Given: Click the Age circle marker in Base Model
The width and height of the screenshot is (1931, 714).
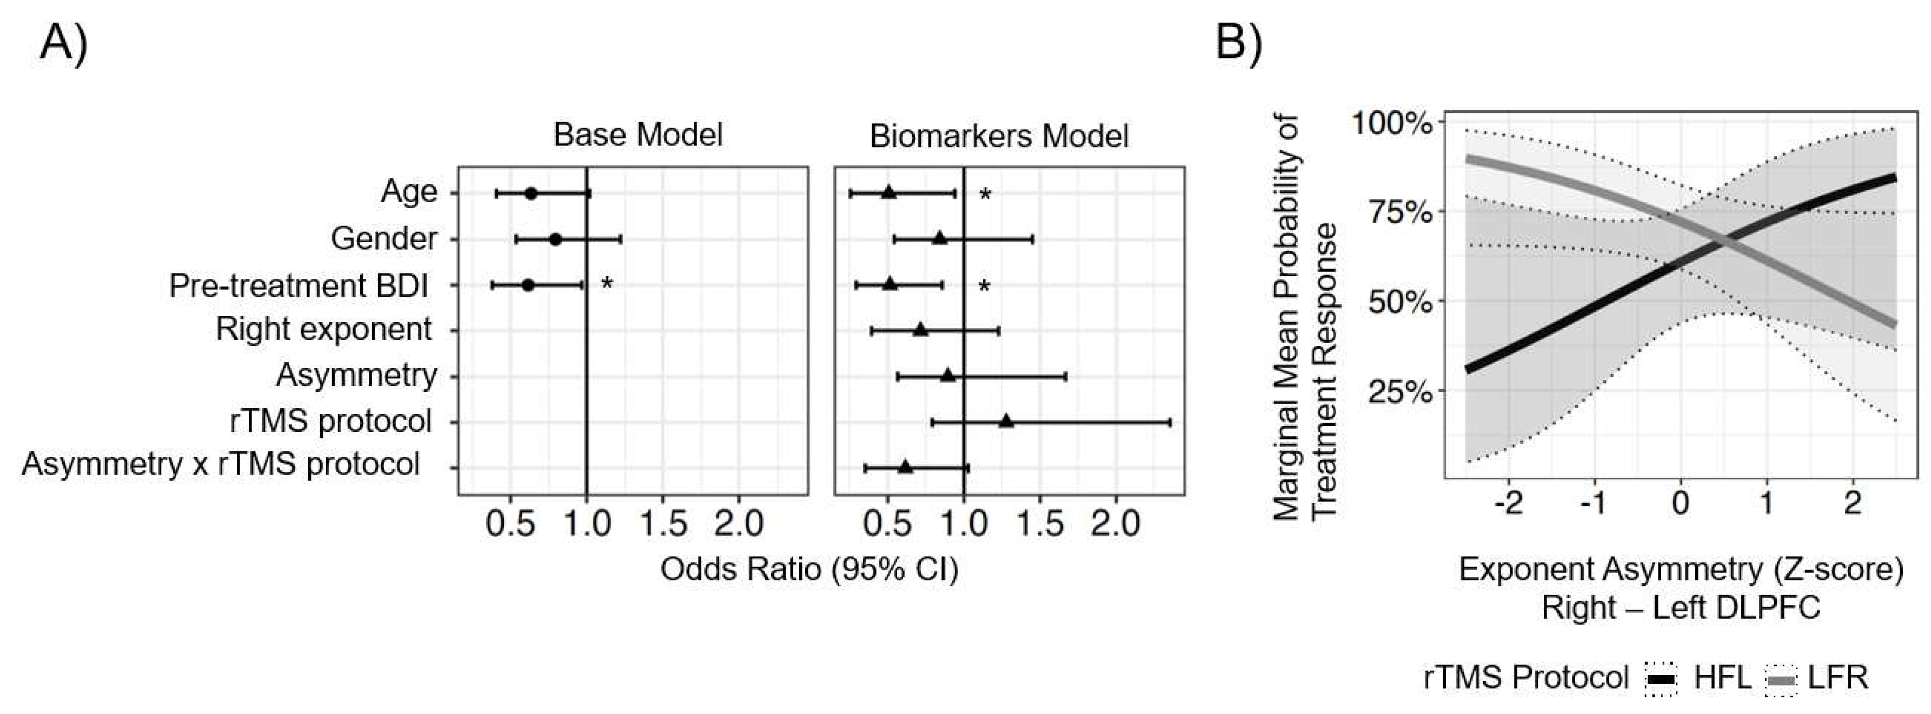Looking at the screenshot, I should [x=530, y=193].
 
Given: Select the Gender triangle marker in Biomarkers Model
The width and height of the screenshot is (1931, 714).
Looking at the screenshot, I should [x=939, y=239].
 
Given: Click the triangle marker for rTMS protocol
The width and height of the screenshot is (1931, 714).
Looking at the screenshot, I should [x=1006, y=422].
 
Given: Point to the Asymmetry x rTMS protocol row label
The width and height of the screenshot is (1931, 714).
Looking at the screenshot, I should [x=221, y=464].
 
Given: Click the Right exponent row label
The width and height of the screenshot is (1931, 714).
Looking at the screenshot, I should [x=324, y=330].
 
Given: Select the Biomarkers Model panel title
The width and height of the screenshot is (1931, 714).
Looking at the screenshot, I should [x=998, y=136].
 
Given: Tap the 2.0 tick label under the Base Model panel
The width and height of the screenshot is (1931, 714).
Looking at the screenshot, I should [x=738, y=524].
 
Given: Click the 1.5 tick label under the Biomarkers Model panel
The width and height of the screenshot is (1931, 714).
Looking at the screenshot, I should [x=1040, y=524].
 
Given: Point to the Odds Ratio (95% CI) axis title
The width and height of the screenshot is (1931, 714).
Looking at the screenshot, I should [x=809, y=569].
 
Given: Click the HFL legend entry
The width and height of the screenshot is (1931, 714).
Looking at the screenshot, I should [x=1722, y=678].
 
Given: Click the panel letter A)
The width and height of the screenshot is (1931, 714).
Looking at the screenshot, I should [x=64, y=43].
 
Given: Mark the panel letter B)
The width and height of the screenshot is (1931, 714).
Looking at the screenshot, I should [x=1238, y=43].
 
